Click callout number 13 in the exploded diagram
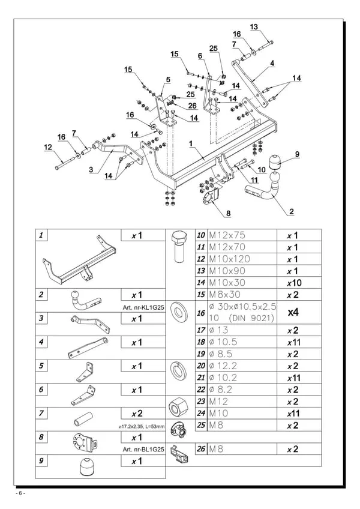(x=254, y=26)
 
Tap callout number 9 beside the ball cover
(x=297, y=154)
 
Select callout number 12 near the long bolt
(x=48, y=147)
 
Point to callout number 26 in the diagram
(x=192, y=106)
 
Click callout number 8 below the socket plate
(x=228, y=213)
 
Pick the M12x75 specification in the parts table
(x=227, y=235)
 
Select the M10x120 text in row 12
(x=230, y=259)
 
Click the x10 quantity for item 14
(x=294, y=283)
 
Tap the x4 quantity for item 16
(x=293, y=312)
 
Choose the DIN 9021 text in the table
(x=252, y=318)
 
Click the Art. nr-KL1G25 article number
(x=143, y=307)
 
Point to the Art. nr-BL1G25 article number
(x=143, y=450)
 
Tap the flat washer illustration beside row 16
(x=178, y=313)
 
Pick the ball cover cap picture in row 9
(x=86, y=466)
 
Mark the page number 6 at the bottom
(x=20, y=493)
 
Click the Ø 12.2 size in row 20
(x=223, y=366)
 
